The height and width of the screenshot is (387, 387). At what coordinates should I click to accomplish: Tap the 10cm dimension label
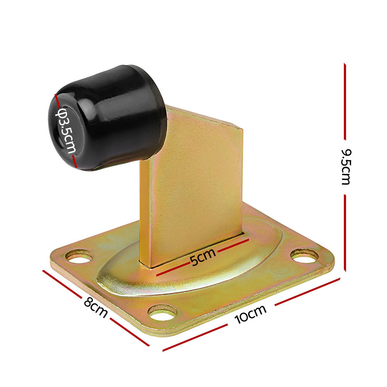click(x=251, y=314)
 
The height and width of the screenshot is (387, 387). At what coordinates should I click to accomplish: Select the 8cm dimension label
click(x=95, y=307)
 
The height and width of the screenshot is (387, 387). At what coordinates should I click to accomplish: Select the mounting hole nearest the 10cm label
click(x=163, y=312)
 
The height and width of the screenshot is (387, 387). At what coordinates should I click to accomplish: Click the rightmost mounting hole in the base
click(x=304, y=255)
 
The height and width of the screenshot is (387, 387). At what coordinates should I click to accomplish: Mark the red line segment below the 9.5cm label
click(x=344, y=232)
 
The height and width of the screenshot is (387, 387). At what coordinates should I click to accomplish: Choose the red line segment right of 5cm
click(x=232, y=246)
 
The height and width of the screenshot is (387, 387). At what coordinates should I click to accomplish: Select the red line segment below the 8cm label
click(x=129, y=332)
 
